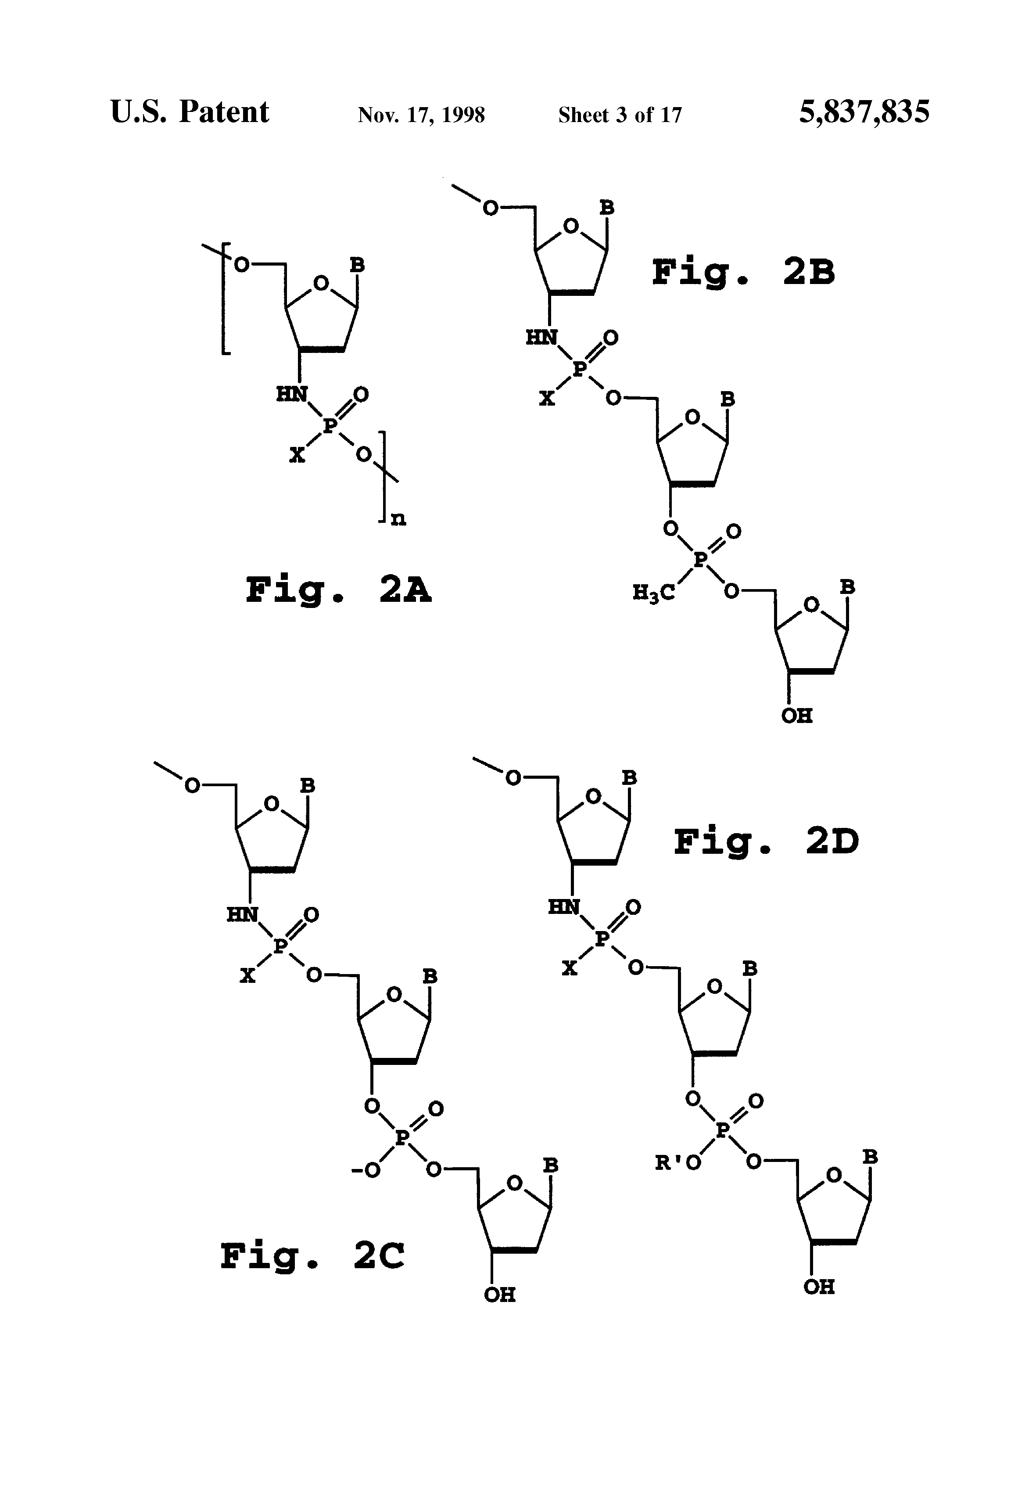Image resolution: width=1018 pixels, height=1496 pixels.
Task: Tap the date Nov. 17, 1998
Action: [x=421, y=115]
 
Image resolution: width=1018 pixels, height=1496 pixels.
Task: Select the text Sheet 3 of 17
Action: [x=619, y=115]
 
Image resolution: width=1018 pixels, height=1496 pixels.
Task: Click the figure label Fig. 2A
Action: [x=338, y=590]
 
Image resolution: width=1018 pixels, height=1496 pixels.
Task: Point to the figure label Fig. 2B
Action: [x=743, y=272]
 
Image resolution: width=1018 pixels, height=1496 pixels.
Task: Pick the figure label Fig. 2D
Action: [x=766, y=842]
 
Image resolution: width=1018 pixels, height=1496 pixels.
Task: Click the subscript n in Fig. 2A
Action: [x=398, y=519]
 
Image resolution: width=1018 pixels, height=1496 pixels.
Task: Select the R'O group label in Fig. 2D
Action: [x=677, y=1162]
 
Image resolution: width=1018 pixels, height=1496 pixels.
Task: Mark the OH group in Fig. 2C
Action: [x=499, y=1295]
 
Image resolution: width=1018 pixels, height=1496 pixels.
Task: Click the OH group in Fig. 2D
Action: [x=818, y=1287]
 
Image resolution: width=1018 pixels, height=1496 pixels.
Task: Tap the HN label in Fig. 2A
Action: [x=292, y=394]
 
